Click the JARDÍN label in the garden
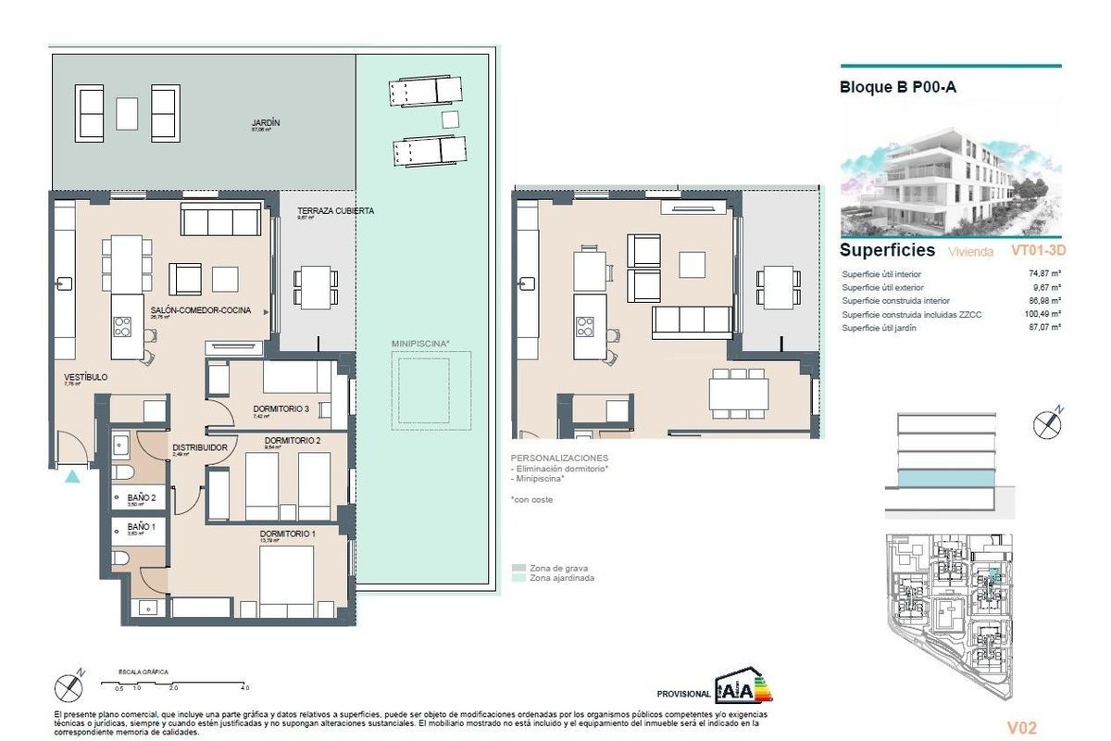click(x=265, y=123)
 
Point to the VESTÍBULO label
click(x=86, y=378)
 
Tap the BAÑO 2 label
click(x=141, y=498)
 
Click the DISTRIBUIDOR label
click(x=200, y=447)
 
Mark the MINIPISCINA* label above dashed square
click(x=420, y=344)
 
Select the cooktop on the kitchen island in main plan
click(x=123, y=326)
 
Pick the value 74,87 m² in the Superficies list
click(x=1044, y=274)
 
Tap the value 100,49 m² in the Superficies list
click(x=1043, y=315)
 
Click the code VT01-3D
click(x=1039, y=250)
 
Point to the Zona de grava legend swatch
click(x=518, y=568)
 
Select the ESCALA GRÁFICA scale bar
click(x=175, y=682)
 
